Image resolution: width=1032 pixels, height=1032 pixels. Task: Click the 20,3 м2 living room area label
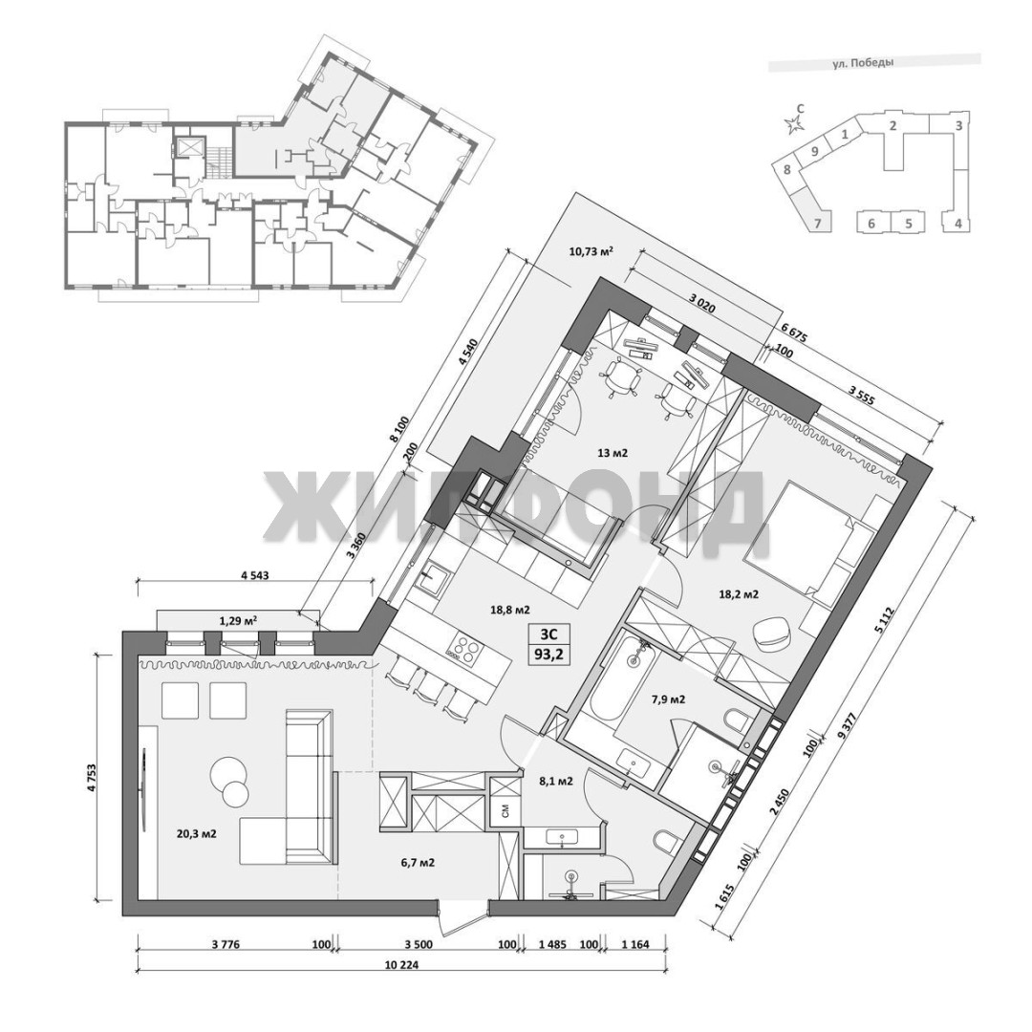pyautogui.click(x=197, y=834)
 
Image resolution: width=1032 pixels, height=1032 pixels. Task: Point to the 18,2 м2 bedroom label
pyautogui.click(x=738, y=594)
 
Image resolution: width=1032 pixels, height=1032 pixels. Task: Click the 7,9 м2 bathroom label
pyautogui.click(x=668, y=699)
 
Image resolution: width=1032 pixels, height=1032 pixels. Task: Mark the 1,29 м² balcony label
pyautogui.click(x=238, y=620)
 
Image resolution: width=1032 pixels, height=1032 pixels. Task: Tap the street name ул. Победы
pyautogui.click(x=863, y=64)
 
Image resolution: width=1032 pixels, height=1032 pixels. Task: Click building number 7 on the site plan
pyautogui.click(x=818, y=223)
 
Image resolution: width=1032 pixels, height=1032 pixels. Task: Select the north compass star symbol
pyautogui.click(x=795, y=122)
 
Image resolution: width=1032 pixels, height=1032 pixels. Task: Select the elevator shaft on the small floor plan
pyautogui.click(x=190, y=146)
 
